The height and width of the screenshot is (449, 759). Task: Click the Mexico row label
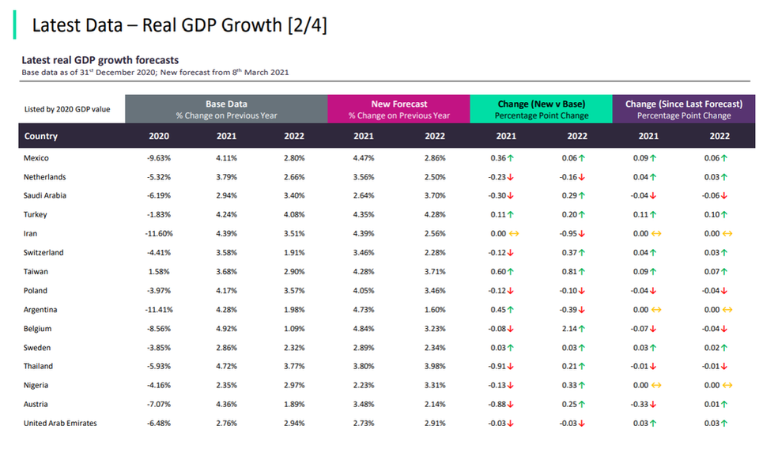(36, 158)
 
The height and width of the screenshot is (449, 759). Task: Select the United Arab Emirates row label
(61, 424)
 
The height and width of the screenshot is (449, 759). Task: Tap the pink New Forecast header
(398, 109)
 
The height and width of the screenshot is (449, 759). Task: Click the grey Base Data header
(226, 109)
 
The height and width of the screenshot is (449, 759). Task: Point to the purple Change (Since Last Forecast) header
(683, 109)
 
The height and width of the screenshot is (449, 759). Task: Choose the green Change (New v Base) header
(541, 109)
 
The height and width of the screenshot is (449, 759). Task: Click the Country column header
(41, 136)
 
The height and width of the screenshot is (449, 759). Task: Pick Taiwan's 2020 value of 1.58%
(161, 272)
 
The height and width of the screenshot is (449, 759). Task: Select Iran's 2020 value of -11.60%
(158, 234)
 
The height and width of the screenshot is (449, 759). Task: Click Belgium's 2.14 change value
(572, 329)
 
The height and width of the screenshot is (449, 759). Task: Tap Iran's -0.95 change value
(572, 234)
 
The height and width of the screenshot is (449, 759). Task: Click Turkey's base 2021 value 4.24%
(226, 215)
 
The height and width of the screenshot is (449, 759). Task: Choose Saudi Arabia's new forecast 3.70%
(435, 196)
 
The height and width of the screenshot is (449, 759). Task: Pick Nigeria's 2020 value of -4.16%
(160, 386)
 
